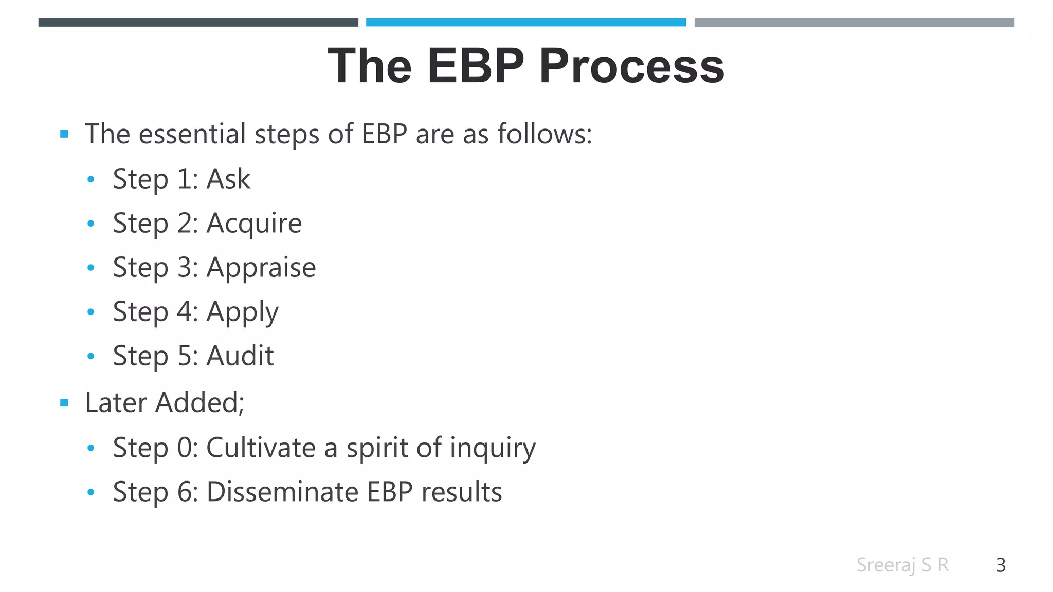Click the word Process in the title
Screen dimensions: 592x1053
point(631,66)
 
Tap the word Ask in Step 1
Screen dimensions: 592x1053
point(228,179)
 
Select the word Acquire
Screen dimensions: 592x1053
point(254,224)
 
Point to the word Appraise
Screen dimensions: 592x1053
point(261,268)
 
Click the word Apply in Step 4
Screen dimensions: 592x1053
point(242,312)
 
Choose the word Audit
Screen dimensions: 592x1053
point(240,356)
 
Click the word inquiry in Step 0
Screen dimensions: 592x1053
point(493,448)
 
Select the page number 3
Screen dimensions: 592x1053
point(1001,565)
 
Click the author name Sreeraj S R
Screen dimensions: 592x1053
point(902,565)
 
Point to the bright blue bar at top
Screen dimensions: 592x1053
point(525,23)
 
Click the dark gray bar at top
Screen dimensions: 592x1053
point(198,23)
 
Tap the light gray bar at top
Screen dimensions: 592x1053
point(854,23)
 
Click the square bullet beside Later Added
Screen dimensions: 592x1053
point(64,403)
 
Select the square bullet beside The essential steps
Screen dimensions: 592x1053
point(64,135)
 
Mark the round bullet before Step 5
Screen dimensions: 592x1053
point(91,356)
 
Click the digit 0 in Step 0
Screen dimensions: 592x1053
point(184,448)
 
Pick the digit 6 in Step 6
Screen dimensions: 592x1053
point(184,492)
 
